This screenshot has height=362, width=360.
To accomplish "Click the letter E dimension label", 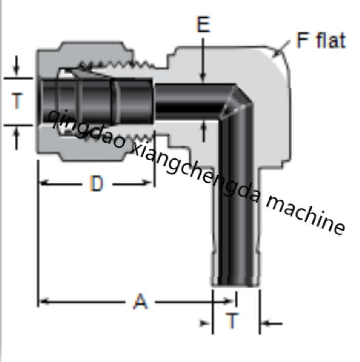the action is [x=203, y=24].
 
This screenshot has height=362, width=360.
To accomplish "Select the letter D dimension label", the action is [x=96, y=183].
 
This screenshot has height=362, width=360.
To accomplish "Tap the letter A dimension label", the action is [x=140, y=301].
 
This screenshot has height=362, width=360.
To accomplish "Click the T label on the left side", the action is [x=17, y=101].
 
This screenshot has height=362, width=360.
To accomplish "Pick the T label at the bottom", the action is [x=232, y=321].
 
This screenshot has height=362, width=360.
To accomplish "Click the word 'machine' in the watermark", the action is [x=306, y=216].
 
